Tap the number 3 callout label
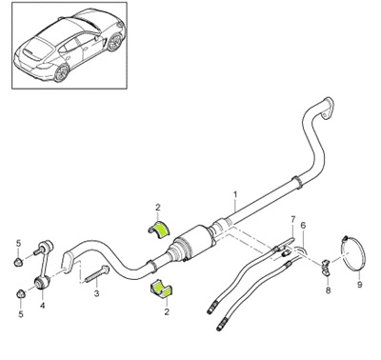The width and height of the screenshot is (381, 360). pyautogui.click(x=97, y=295)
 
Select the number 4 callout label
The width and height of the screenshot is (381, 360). pyautogui.click(x=42, y=307)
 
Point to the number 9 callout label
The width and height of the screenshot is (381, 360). pyautogui.click(x=359, y=283)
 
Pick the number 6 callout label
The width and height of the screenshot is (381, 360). pyautogui.click(x=303, y=225)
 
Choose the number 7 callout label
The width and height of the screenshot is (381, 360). pyautogui.click(x=291, y=219)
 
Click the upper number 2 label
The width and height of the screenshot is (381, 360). pyautogui.click(x=159, y=205)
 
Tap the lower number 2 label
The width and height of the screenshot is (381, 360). pyautogui.click(x=167, y=311)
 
